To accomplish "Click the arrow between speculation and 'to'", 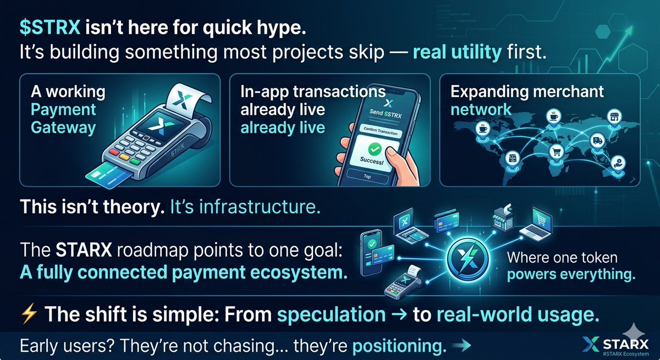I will click(400, 315).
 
